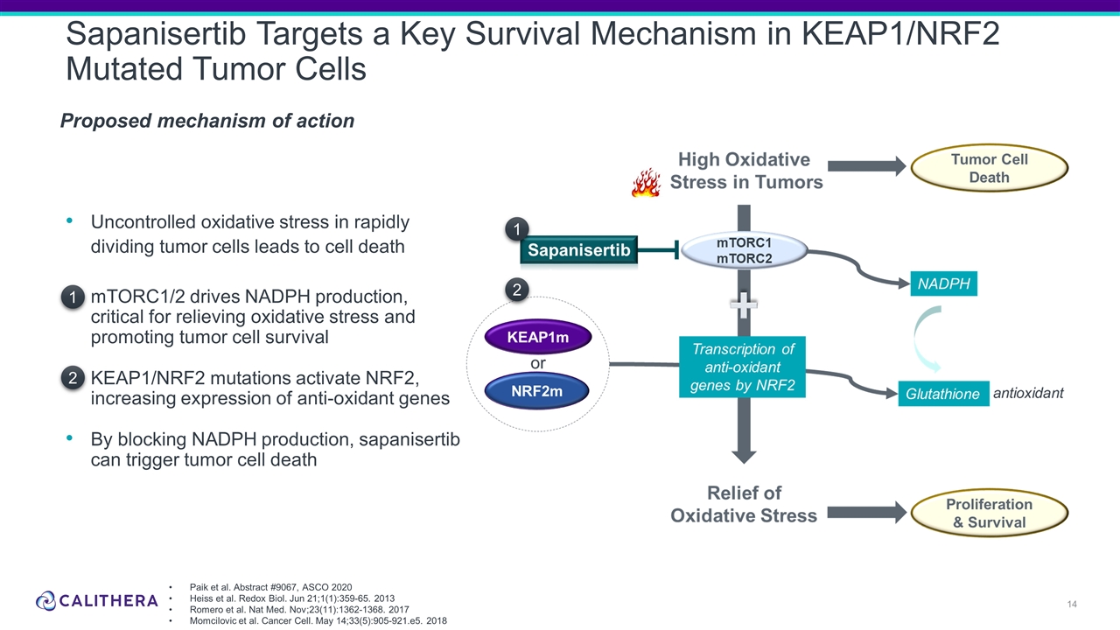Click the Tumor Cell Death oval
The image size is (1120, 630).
click(990, 168)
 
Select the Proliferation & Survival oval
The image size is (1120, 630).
click(990, 514)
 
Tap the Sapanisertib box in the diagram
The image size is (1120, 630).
click(578, 251)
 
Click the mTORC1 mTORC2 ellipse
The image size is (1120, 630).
click(744, 250)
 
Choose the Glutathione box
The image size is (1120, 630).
click(941, 395)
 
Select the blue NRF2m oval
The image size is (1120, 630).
click(538, 391)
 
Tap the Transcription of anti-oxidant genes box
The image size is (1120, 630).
click(742, 367)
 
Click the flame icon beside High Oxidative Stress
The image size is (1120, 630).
click(646, 183)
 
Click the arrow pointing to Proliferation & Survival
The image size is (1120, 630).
click(866, 511)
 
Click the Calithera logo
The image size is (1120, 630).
click(97, 601)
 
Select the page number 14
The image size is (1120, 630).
click(1072, 605)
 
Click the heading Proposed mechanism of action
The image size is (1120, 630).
click(207, 122)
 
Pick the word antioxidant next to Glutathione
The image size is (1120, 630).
click(1028, 394)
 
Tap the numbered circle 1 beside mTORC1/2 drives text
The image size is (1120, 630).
click(74, 298)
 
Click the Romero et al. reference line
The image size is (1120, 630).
click(298, 609)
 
